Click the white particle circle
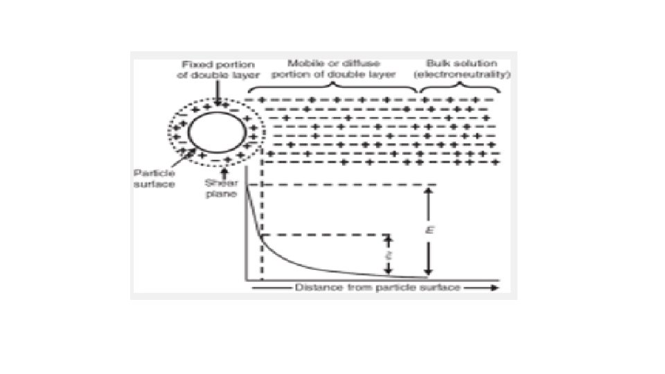(214, 133)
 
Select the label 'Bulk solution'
(461, 64)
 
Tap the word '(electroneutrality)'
(461, 74)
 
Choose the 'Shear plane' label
(221, 189)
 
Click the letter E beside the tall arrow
(429, 229)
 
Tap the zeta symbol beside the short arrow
(389, 255)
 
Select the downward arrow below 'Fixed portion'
(218, 93)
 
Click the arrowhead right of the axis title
(493, 287)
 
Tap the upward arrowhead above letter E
(429, 193)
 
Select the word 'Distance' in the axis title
(315, 287)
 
